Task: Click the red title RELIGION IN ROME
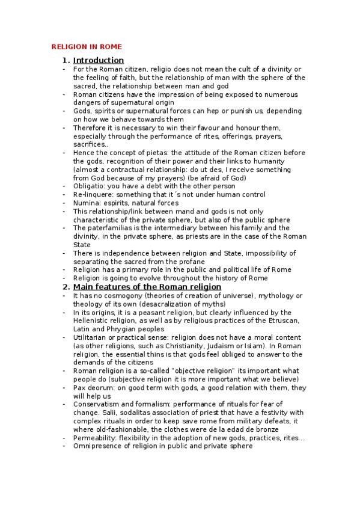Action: [x=86, y=46]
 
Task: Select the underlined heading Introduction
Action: [x=99, y=60]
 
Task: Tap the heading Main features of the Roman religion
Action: [x=147, y=287]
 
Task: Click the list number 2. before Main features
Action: [x=66, y=287]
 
